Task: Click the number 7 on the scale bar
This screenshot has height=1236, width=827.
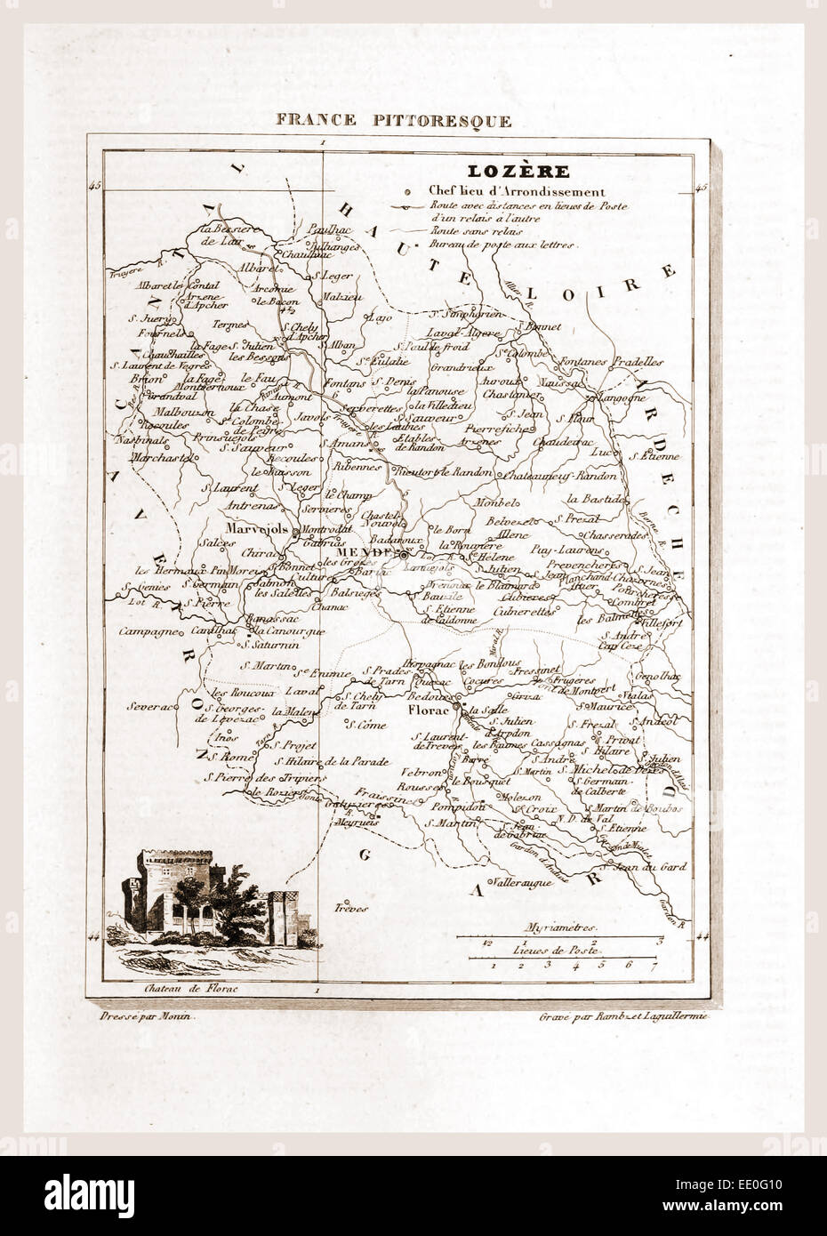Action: click(x=654, y=964)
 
